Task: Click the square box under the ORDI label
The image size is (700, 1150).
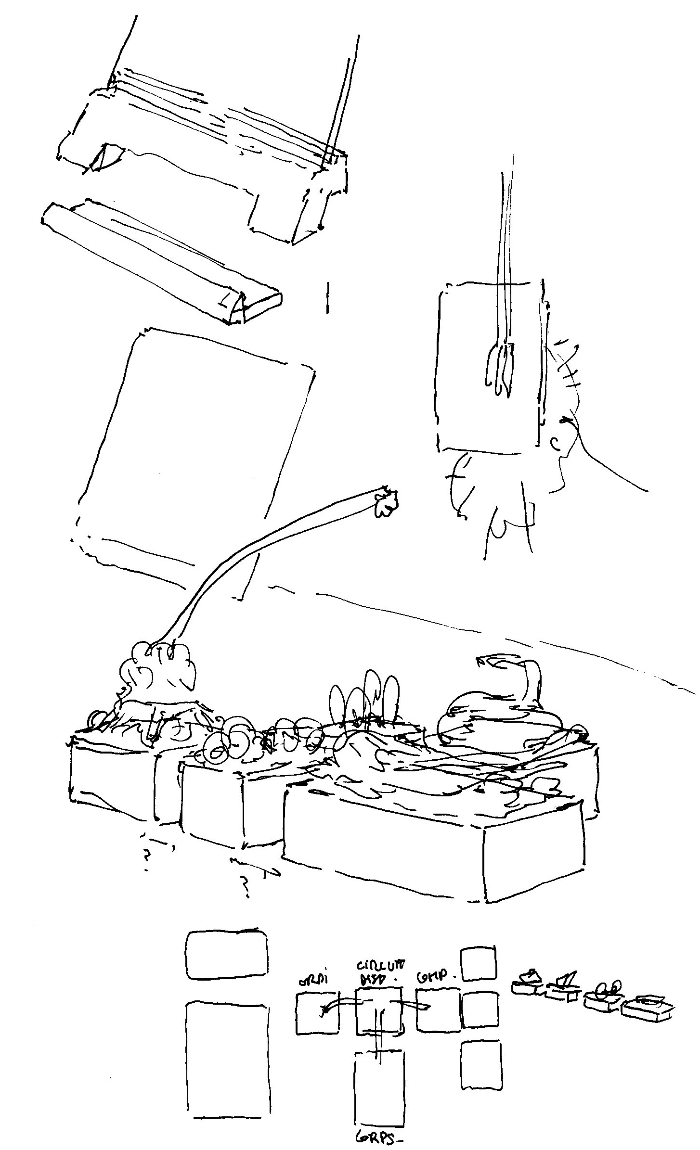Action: (x=317, y=1013)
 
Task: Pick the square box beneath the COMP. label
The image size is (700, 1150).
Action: (x=438, y=1010)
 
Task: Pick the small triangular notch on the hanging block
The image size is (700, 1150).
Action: (x=105, y=156)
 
